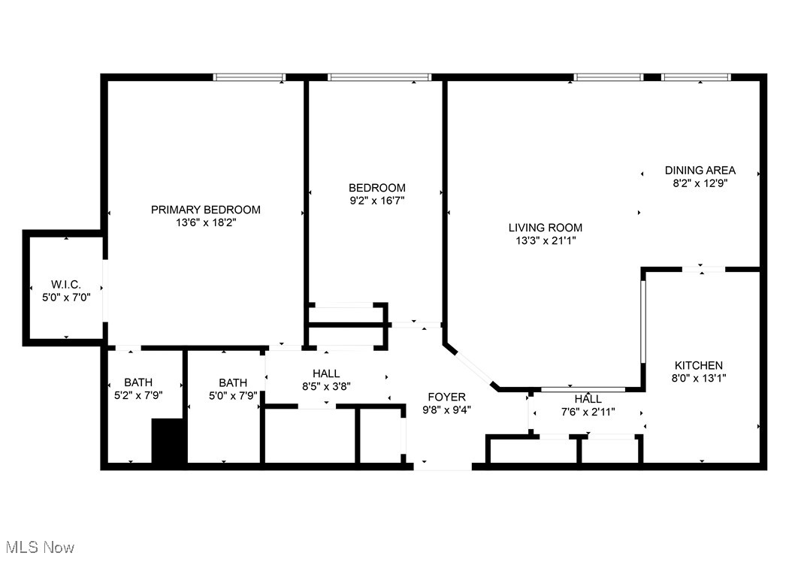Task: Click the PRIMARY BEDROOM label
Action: (x=205, y=210)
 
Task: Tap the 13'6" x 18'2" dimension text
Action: (x=205, y=222)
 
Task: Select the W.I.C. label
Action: (x=66, y=285)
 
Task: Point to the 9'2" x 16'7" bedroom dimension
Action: (x=377, y=201)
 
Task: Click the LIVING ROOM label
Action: (x=545, y=228)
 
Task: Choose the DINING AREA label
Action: (x=700, y=170)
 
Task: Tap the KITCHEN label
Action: (x=698, y=365)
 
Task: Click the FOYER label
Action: (x=446, y=397)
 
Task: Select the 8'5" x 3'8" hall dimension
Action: (x=326, y=386)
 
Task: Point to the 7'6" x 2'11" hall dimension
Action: (x=588, y=412)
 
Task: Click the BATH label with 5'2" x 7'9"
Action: (x=138, y=382)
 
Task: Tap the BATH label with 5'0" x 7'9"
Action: (x=233, y=382)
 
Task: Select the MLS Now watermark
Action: (x=38, y=547)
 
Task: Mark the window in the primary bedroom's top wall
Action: (x=249, y=77)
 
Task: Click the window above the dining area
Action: (x=696, y=77)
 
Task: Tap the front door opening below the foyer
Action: (x=443, y=466)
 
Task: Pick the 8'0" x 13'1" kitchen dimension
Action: (x=698, y=379)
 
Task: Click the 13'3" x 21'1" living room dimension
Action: (x=545, y=240)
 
